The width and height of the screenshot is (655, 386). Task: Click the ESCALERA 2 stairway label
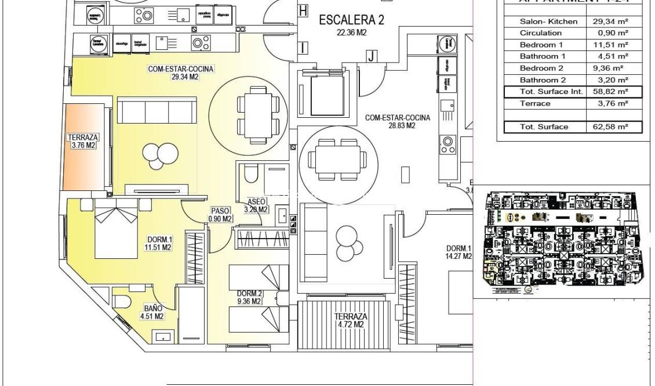click(351, 24)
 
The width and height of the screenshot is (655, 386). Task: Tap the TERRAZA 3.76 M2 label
click(83, 142)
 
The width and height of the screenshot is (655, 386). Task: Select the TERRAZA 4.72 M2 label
click(350, 320)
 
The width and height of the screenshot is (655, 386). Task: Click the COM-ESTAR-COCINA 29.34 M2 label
click(181, 73)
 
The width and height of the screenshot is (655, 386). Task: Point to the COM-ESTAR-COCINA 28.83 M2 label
click(397, 121)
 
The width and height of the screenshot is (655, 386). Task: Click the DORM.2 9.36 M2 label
click(250, 297)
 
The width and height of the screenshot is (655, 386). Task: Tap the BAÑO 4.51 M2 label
click(151, 312)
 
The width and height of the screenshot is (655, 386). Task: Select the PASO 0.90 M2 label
click(220, 215)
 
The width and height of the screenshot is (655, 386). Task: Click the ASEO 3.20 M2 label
click(256, 205)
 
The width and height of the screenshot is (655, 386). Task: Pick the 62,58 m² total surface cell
click(614, 127)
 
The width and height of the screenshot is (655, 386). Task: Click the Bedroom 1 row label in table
click(541, 45)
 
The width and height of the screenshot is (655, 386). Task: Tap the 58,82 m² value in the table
click(614, 92)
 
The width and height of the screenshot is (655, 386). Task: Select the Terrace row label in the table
click(536, 103)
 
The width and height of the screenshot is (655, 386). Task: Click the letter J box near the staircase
click(372, 56)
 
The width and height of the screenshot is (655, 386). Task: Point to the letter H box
click(303, 10)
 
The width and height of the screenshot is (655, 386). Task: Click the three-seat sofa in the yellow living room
click(157, 110)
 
